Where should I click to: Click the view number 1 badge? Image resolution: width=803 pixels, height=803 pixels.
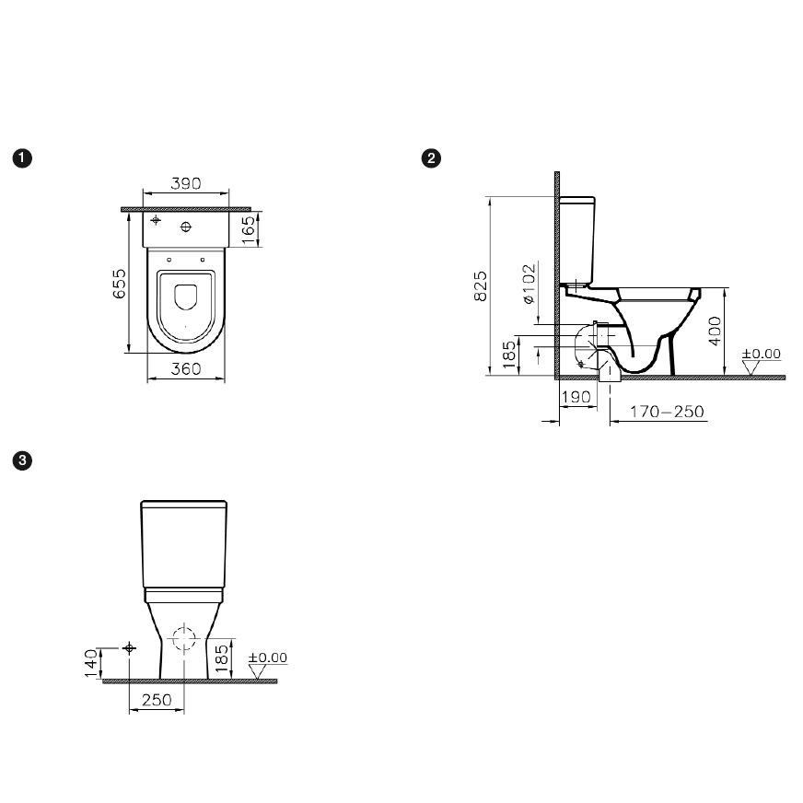point(22,158)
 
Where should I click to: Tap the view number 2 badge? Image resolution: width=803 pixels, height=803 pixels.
point(431,158)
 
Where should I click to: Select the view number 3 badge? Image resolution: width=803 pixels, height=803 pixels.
point(22,460)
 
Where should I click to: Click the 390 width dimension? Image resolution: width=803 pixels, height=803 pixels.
point(186,183)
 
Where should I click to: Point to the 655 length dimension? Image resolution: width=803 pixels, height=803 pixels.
point(119,284)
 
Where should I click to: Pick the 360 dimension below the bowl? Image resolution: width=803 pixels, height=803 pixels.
point(186,368)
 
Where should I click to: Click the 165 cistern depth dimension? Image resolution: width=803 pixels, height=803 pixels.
point(248,230)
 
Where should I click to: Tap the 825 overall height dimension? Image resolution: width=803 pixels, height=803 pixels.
point(481,285)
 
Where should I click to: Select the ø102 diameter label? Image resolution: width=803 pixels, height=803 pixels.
point(529,284)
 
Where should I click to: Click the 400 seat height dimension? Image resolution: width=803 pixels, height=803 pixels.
point(715,331)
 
